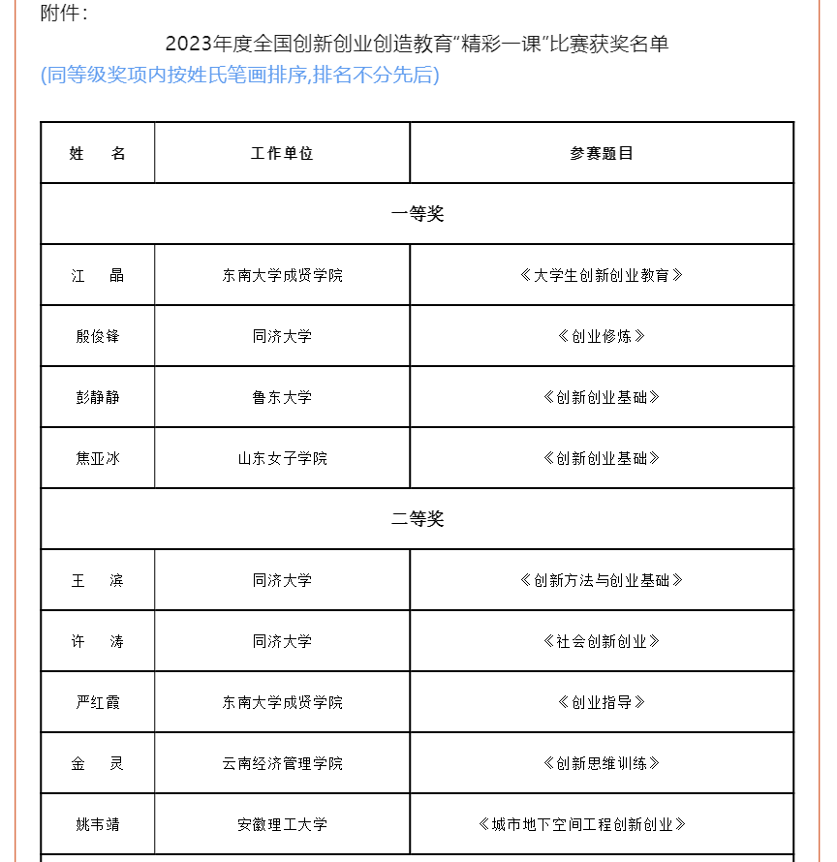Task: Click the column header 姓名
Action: click(x=98, y=153)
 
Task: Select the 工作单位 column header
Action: click(x=282, y=153)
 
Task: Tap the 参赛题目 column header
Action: click(x=602, y=153)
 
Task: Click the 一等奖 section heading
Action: click(x=418, y=214)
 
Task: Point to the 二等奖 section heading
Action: click(x=418, y=519)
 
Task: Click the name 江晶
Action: click(x=98, y=275)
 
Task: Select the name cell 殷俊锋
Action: click(x=98, y=336)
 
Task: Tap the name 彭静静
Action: click(x=98, y=397)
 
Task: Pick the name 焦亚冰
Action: click(x=98, y=458)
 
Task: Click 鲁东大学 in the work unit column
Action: click(x=282, y=397)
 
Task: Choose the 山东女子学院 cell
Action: click(x=282, y=458)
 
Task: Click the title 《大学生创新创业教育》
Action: click(x=602, y=275)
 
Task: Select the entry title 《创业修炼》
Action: click(x=602, y=336)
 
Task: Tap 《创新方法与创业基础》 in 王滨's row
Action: click(x=602, y=580)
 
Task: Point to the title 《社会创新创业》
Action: click(x=602, y=641)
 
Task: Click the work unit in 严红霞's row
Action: click(x=282, y=702)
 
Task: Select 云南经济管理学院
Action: click(x=282, y=763)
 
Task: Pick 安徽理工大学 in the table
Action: click(x=282, y=824)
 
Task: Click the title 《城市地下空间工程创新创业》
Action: click(x=582, y=824)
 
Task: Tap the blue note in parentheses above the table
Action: click(x=239, y=76)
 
